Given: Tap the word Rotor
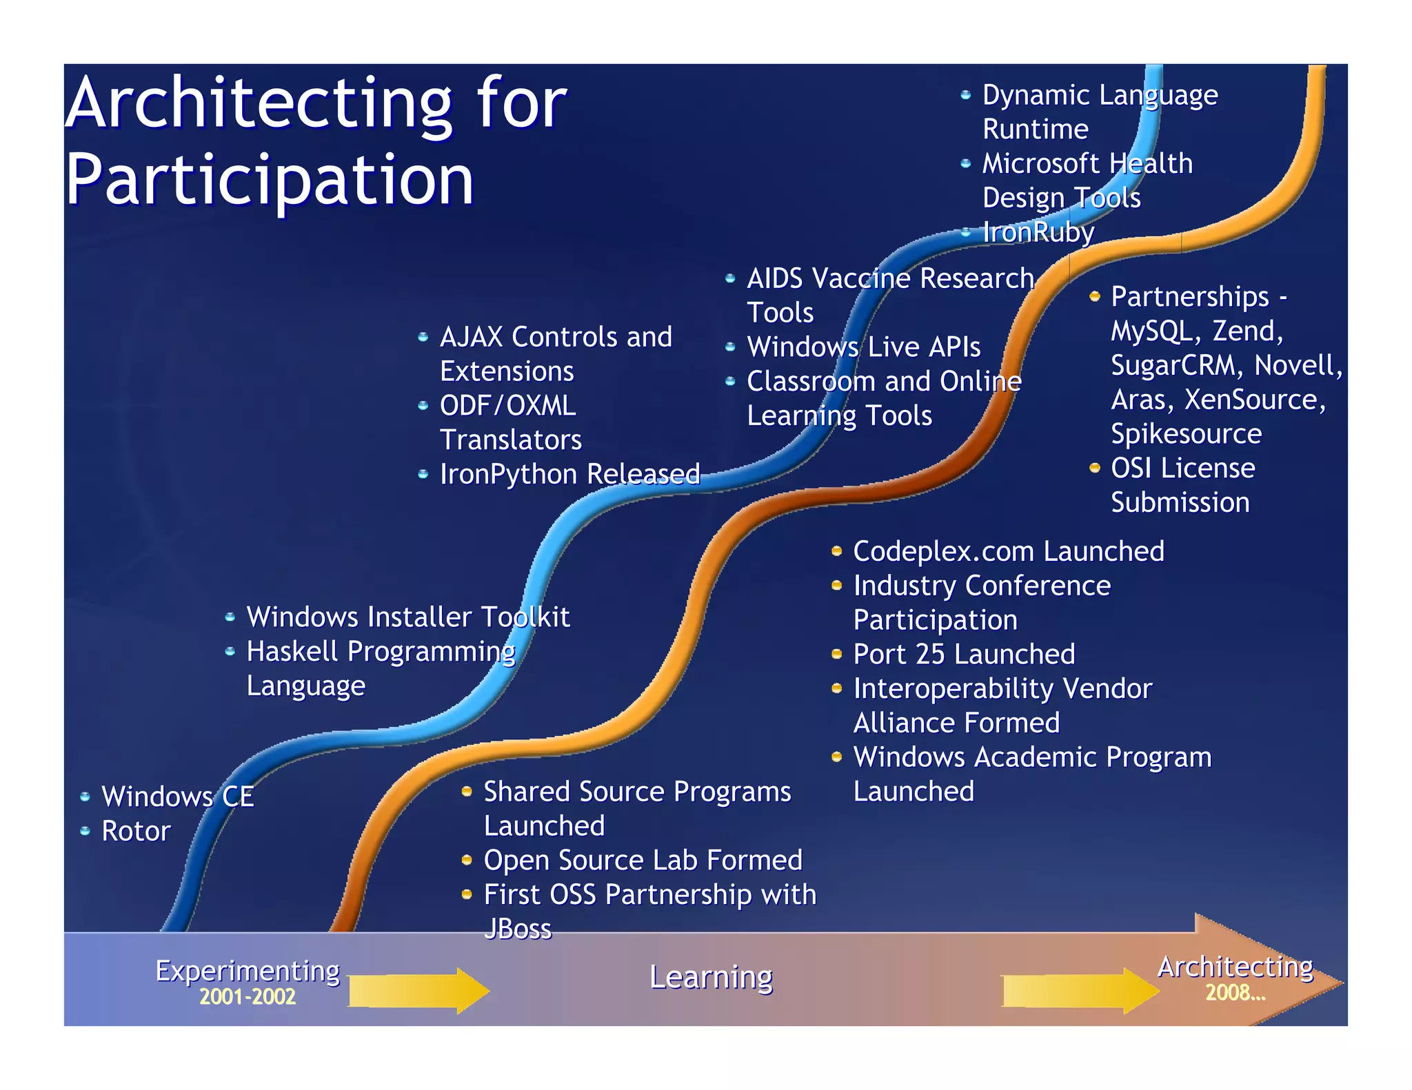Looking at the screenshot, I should pos(136,832).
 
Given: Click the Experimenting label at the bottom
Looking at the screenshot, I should pos(248,971).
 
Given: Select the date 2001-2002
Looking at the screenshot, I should pos(248,997).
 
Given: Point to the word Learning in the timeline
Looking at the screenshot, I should pos(711,978).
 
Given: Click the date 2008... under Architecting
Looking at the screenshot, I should pos(1235,993).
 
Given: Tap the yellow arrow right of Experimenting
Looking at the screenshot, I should pos(418,991).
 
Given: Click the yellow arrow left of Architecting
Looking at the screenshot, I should pos(1079,991).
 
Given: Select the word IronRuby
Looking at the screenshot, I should pos(1038,232).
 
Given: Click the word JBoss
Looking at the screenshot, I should pos(518,929).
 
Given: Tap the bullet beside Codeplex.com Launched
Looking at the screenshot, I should pos(836,551).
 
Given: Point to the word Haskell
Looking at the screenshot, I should pos(292,652).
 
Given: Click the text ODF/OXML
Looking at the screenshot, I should pos(507,406).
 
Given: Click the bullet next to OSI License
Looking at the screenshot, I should pos(1094,469).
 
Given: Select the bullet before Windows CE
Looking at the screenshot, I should pos(85,797).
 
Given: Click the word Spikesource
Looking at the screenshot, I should pos(1186,434).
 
